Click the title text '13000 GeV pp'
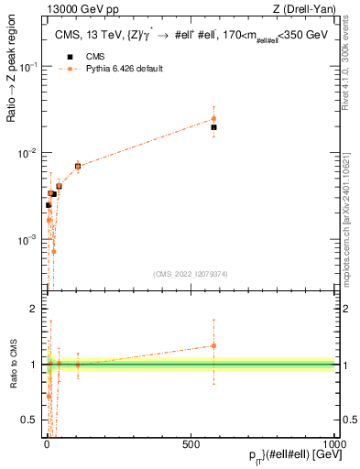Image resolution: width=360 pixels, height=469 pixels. click(73, 9)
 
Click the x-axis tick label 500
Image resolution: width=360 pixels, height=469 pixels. click(191, 442)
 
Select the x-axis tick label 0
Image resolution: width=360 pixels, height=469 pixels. click(47, 442)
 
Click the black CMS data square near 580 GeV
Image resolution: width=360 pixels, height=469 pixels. click(213, 127)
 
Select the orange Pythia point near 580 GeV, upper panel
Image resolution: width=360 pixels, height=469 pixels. click(213, 118)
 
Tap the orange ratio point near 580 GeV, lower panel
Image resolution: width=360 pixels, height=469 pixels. click(213, 345)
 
